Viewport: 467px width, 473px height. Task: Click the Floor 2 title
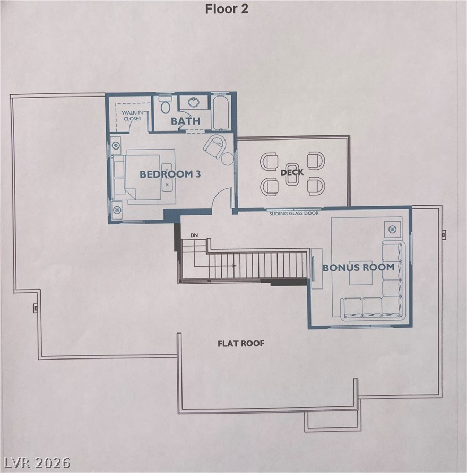227,9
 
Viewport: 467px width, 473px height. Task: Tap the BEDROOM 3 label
170,174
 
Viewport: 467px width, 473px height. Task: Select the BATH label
186,121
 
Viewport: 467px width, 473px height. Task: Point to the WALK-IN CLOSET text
132,116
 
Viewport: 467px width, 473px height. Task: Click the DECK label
292,172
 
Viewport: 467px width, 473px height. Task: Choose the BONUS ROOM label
359,267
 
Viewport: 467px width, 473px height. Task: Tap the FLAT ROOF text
241,343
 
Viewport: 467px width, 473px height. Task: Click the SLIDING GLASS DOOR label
294,213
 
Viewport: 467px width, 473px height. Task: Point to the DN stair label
194,235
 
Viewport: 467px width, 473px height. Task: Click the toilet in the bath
165,105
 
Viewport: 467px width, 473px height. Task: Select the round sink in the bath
194,102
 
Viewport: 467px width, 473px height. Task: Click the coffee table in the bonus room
361,273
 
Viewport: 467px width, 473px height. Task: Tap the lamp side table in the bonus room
392,229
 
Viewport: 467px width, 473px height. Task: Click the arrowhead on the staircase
235,266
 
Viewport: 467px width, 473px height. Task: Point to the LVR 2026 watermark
36,463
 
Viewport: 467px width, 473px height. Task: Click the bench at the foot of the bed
167,178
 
